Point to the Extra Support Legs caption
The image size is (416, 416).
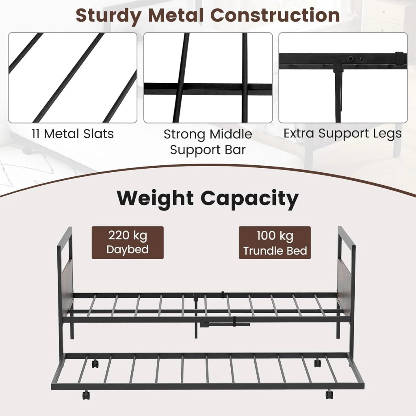[342, 133]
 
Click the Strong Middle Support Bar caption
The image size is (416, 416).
[208, 142]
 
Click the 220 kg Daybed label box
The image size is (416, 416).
[128, 243]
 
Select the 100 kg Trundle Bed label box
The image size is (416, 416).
[275, 243]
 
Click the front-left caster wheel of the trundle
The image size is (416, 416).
[86, 395]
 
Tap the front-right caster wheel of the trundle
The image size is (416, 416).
[329, 394]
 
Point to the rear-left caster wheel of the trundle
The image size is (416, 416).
[95, 364]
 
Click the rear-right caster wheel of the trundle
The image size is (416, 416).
[317, 363]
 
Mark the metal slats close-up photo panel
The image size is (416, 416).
[73, 78]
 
